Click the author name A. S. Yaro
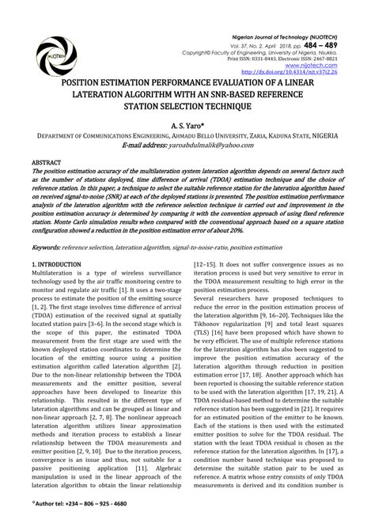[186, 124]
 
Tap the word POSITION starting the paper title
[80, 81]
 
